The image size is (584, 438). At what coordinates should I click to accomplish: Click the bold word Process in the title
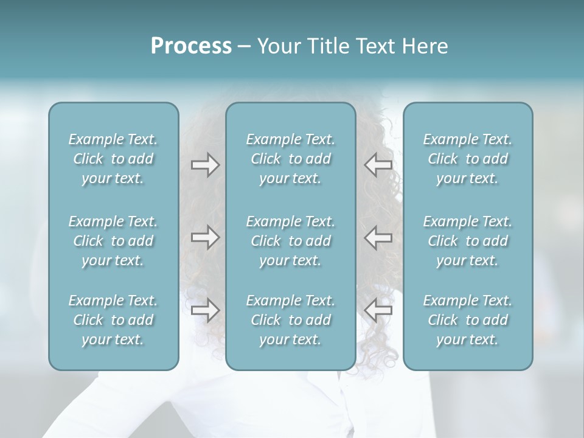(191, 46)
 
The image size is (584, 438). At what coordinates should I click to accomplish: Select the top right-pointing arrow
(205, 165)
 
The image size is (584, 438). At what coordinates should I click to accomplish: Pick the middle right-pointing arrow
(205, 237)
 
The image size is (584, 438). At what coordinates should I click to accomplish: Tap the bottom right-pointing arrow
(205, 310)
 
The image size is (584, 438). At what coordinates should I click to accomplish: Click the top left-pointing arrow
(378, 165)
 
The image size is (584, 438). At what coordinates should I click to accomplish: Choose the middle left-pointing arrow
(378, 237)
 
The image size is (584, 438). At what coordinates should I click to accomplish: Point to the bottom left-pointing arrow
(378, 310)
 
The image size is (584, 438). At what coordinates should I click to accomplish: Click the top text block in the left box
(113, 159)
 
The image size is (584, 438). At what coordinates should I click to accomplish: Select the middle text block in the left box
(113, 241)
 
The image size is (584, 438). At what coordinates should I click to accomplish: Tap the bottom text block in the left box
(113, 320)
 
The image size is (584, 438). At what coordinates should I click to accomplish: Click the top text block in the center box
(290, 159)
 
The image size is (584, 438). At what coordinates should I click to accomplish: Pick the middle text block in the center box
(290, 241)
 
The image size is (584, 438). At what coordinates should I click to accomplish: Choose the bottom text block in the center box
(290, 320)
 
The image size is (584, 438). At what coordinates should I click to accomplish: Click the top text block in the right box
(467, 159)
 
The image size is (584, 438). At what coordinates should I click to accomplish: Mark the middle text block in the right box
(467, 241)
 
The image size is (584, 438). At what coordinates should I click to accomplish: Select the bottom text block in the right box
(467, 320)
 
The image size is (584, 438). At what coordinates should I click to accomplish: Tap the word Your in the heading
(276, 46)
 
